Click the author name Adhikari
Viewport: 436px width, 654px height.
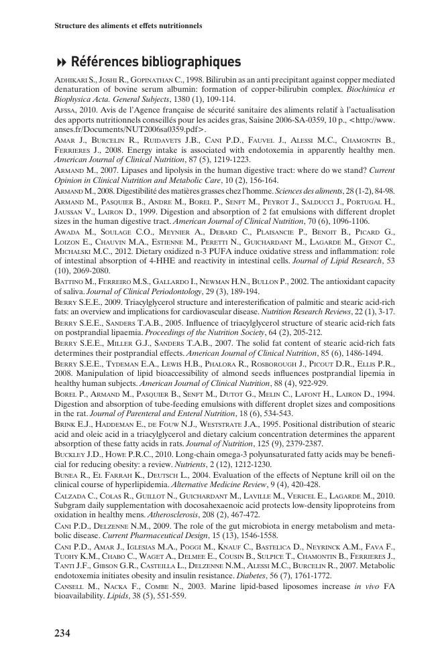[68, 80]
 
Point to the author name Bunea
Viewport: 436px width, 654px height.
[66, 474]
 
